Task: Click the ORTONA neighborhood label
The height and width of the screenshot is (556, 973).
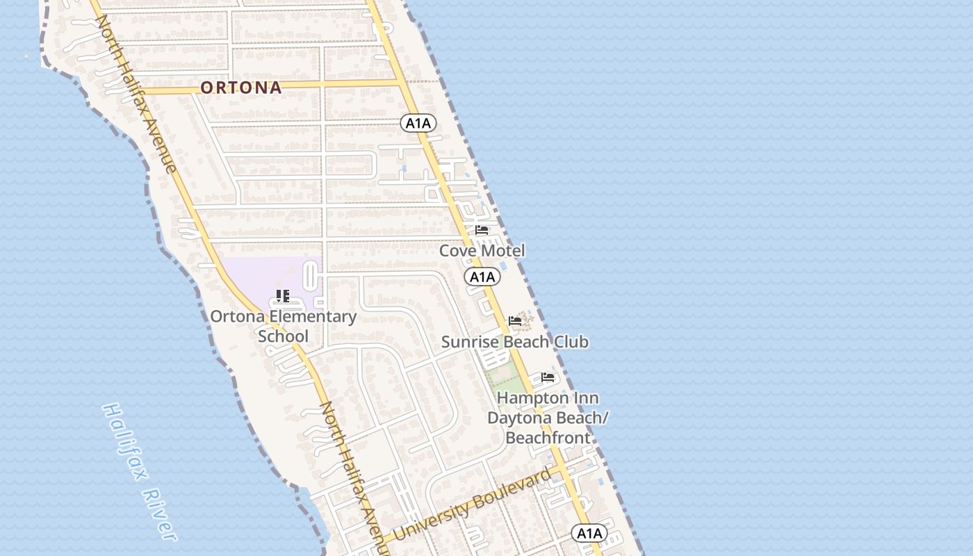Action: click(241, 88)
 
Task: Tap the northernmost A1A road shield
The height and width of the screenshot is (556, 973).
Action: click(418, 124)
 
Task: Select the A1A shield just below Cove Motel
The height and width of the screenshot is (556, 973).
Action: click(482, 277)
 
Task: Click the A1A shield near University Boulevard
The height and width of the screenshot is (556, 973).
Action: click(589, 533)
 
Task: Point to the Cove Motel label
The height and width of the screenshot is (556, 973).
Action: click(482, 250)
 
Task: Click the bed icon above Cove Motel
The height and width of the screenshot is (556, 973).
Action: click(482, 230)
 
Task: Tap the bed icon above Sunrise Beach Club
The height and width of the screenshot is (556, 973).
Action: click(515, 320)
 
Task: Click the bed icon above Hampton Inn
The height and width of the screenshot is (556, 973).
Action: click(548, 377)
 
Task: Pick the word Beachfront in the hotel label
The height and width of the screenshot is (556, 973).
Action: click(548, 438)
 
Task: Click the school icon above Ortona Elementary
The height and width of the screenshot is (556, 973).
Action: click(282, 296)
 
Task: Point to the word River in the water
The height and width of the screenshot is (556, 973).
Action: click(159, 513)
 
